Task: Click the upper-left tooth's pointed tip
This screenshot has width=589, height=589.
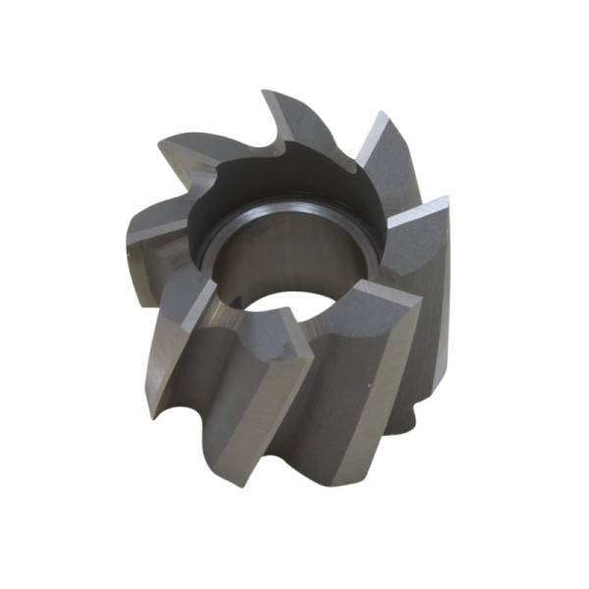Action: coord(165,143)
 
